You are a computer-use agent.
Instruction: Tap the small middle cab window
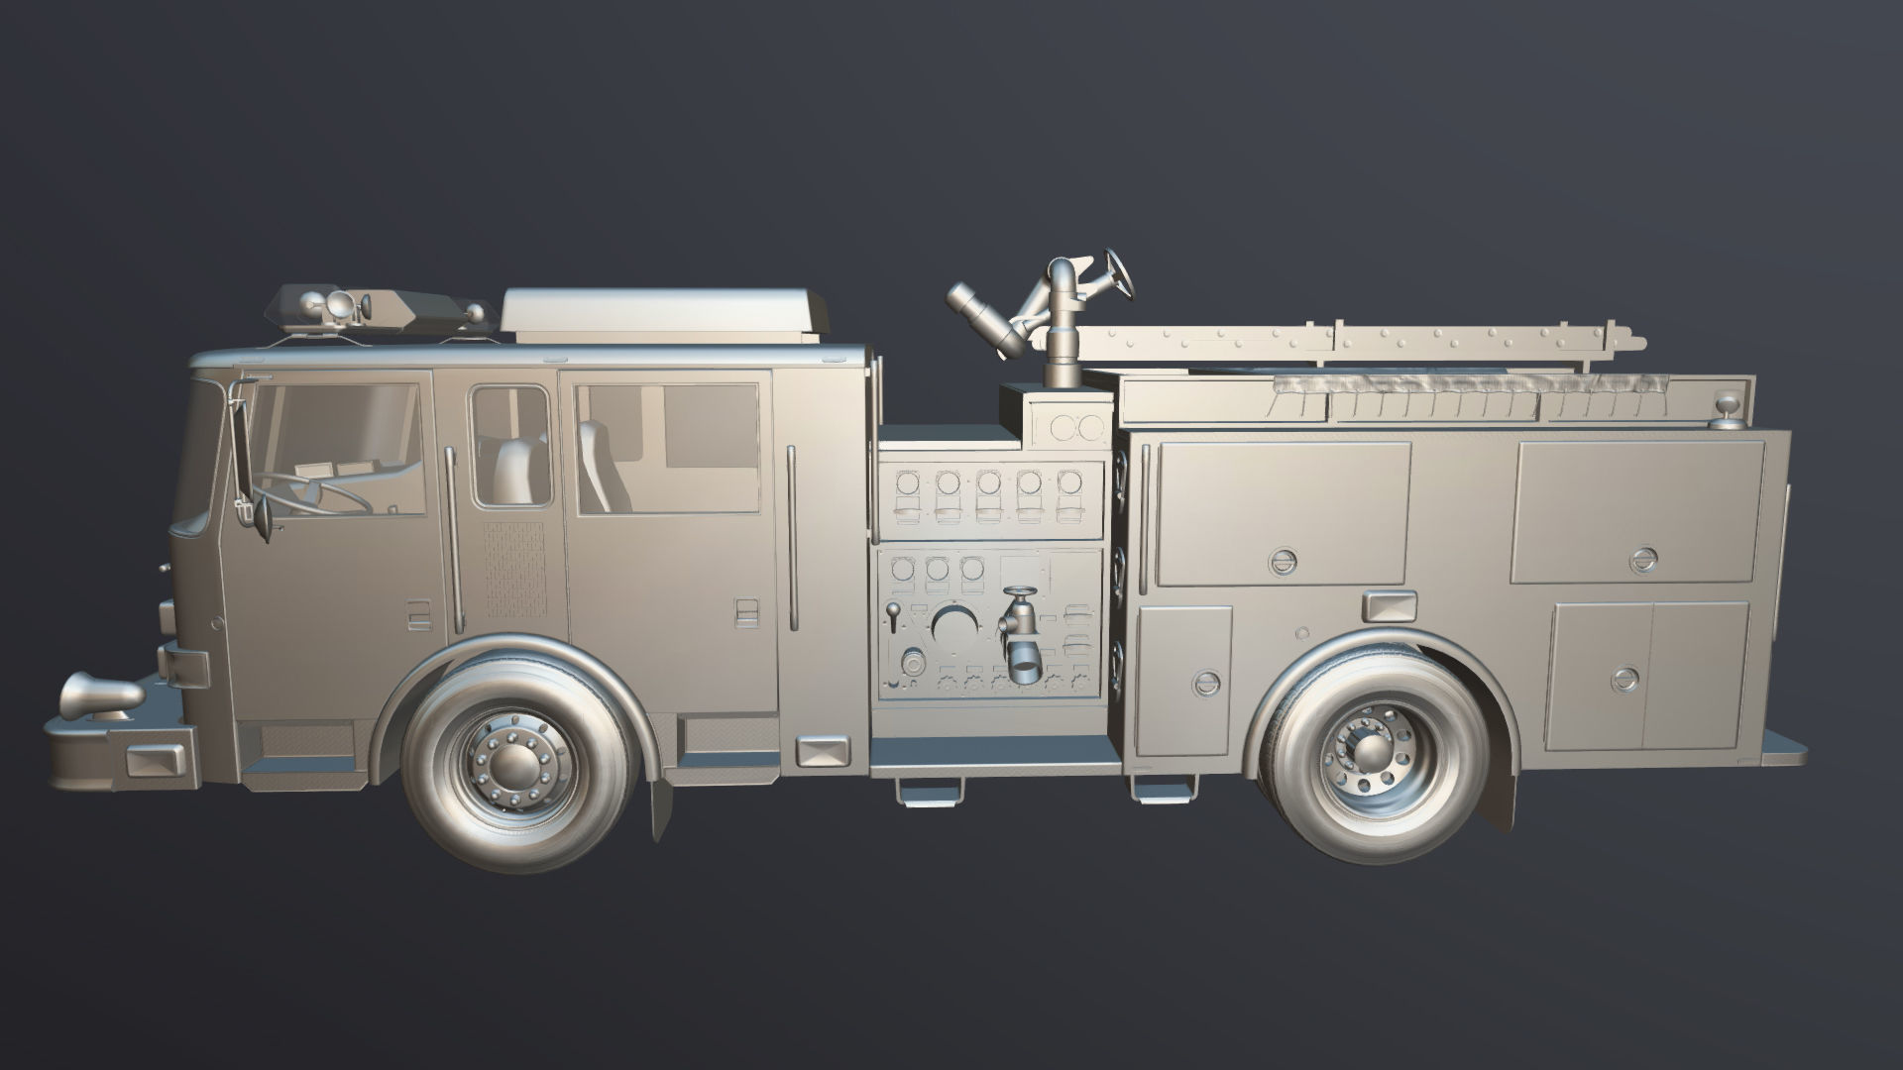point(509,446)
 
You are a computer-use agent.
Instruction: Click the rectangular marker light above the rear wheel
point(1389,605)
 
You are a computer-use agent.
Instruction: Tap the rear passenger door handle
point(745,612)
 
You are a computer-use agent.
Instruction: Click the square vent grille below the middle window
point(513,569)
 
